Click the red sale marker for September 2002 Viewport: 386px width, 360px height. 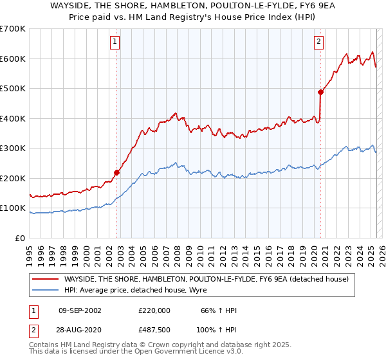[x=116, y=172]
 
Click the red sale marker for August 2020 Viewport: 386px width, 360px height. [x=320, y=92]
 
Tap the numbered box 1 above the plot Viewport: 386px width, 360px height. [x=115, y=42]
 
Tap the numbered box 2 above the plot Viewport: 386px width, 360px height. [x=318, y=42]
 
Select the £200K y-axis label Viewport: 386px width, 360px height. [x=12, y=178]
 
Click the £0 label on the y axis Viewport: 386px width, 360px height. [x=21, y=238]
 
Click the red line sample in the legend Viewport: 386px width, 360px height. [x=46, y=279]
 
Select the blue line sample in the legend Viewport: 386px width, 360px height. [x=46, y=290]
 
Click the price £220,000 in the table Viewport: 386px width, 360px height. [x=154, y=310]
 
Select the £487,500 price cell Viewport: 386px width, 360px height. [x=154, y=330]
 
